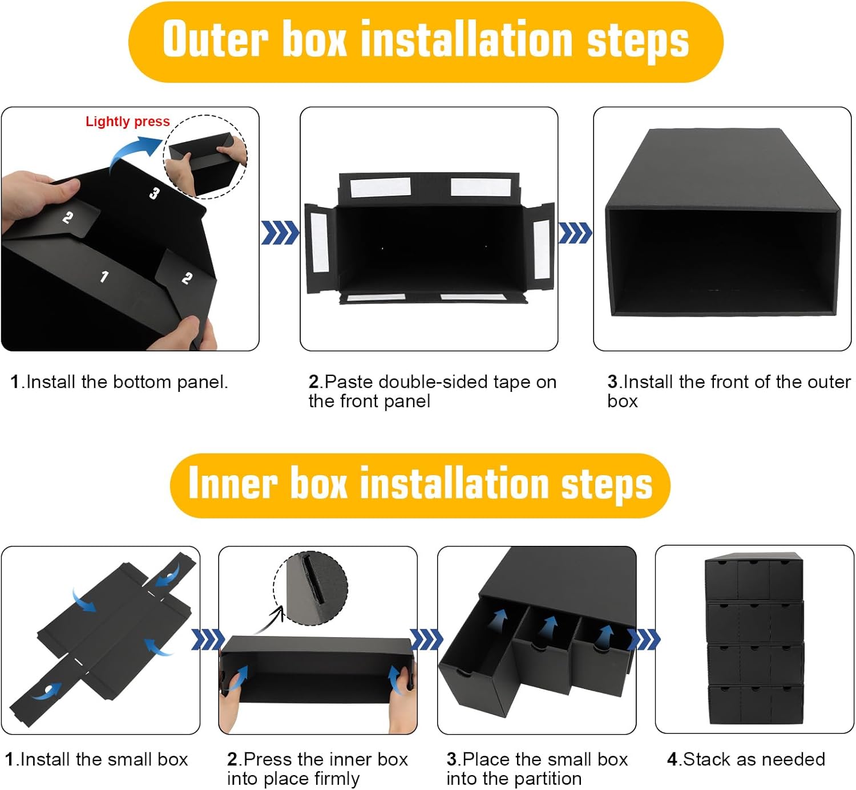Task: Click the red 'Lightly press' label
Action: tap(128, 121)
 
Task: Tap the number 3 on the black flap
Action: tap(154, 193)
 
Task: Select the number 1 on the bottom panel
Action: tap(104, 276)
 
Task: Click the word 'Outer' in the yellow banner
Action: tap(216, 39)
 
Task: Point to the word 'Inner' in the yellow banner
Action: tap(232, 483)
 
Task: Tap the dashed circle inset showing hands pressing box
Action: tap(205, 157)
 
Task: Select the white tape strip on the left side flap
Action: tap(320, 242)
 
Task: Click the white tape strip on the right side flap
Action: tap(542, 249)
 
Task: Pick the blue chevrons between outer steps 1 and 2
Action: tap(280, 232)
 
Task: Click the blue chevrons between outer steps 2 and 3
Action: tap(575, 233)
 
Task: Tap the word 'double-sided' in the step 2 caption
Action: tap(434, 382)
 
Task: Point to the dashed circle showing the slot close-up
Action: tap(311, 588)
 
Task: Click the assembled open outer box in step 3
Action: tap(722, 222)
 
